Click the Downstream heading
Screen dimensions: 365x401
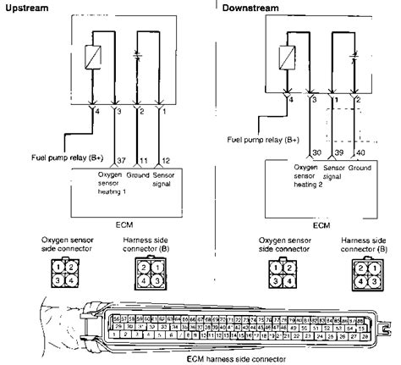(x=253, y=8)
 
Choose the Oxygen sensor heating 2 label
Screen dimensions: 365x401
(x=310, y=179)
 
